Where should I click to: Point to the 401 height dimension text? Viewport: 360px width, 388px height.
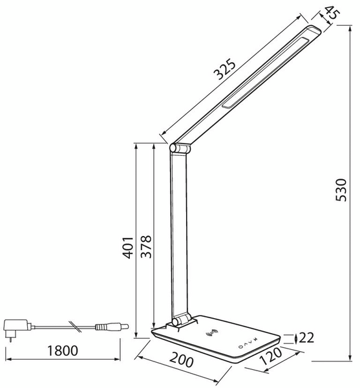[129, 246]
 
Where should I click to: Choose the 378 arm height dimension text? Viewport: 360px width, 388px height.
[147, 246]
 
